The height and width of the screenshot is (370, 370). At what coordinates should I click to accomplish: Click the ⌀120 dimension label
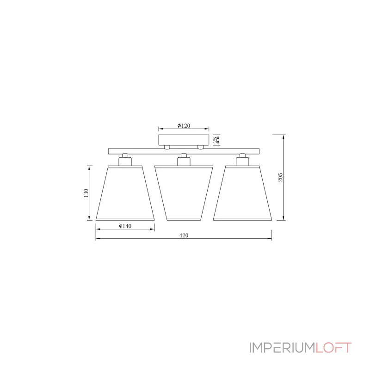coord(184,125)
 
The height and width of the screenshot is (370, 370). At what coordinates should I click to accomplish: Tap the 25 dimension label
coord(216,140)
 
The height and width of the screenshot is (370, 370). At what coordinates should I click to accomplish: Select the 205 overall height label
coord(280,177)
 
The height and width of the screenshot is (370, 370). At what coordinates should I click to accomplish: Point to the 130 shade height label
coord(86,193)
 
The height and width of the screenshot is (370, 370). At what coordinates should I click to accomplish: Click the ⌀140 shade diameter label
coord(125,226)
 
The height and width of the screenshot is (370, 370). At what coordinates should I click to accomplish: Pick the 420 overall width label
coord(184,235)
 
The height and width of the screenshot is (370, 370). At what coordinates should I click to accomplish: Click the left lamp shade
coord(125,193)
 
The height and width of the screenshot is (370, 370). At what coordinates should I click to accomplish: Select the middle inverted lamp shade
coord(184,193)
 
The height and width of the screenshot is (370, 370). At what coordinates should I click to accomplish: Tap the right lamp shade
coord(242,193)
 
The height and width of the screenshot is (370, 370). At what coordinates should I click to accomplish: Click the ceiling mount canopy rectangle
coord(184,140)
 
